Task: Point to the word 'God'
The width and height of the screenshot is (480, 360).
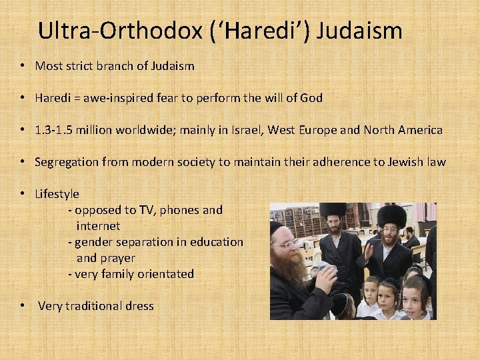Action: click(x=311, y=98)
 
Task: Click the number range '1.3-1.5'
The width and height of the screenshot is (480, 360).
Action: click(x=55, y=130)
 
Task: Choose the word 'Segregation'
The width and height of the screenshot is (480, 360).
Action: click(x=67, y=162)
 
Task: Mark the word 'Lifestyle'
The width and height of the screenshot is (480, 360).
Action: click(x=57, y=194)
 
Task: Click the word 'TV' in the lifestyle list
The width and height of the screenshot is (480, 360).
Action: click(x=146, y=210)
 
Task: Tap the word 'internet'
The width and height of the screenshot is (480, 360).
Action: click(x=98, y=226)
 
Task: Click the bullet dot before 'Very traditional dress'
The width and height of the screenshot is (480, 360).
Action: click(x=23, y=306)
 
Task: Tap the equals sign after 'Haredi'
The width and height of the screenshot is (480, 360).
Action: click(x=77, y=98)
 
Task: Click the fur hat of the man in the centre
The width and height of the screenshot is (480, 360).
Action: click(x=333, y=211)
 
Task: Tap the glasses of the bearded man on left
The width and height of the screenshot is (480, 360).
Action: click(x=288, y=245)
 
